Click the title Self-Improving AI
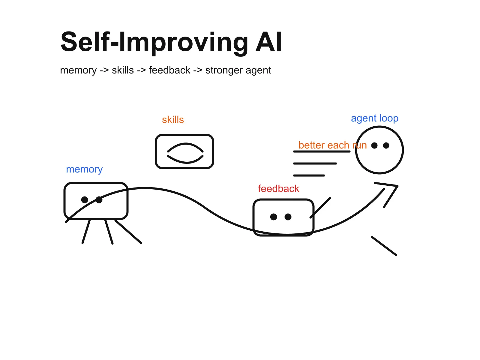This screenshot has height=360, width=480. [x=171, y=42]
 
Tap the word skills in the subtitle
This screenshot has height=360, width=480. [x=123, y=70]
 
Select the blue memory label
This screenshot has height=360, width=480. [x=84, y=169]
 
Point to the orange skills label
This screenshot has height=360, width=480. [x=173, y=120]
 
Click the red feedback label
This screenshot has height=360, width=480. [x=278, y=189]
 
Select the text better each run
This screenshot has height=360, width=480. [x=332, y=145]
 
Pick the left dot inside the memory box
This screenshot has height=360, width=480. [x=85, y=199]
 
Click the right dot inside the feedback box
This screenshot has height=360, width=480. [x=288, y=217]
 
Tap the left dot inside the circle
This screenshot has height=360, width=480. [x=374, y=145]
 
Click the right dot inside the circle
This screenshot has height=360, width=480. [x=386, y=145]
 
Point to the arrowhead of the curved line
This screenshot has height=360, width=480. [x=397, y=186]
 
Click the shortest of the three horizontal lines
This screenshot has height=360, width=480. [x=309, y=175]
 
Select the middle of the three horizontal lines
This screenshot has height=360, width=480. [x=315, y=163]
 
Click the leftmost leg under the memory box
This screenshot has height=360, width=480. [x=86, y=231]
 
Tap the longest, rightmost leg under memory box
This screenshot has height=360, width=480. [x=128, y=232]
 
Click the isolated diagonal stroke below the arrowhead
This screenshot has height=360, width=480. [x=384, y=246]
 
